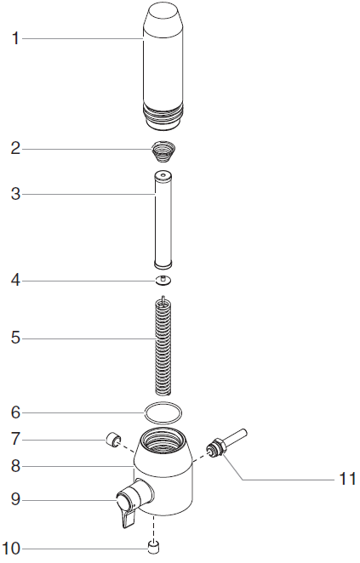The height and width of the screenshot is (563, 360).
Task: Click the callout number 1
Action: (x=15, y=38)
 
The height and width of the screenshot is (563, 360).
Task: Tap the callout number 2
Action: (x=15, y=148)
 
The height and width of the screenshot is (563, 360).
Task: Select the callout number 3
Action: (x=15, y=194)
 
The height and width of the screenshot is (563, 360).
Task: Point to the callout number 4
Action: (x=15, y=281)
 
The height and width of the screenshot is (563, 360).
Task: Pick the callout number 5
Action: (x=15, y=338)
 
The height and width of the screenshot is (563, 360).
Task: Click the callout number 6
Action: (x=15, y=412)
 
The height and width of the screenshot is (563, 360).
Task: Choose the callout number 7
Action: (x=15, y=439)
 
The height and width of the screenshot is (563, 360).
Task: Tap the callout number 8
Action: (x=15, y=466)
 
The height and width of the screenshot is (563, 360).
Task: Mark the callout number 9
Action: (x=15, y=499)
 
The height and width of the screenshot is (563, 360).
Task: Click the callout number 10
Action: (x=11, y=549)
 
